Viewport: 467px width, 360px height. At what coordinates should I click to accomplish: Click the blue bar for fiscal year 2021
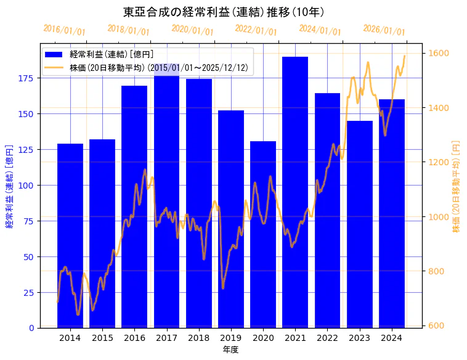[295, 191]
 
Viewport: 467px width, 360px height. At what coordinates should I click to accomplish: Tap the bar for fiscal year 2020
[263, 234]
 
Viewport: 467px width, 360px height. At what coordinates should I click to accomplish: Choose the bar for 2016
[134, 207]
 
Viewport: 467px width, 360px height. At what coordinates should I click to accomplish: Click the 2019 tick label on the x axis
[231, 338]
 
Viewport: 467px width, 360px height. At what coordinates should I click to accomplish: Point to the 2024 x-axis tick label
[392, 338]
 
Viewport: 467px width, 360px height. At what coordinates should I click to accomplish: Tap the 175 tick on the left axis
[28, 78]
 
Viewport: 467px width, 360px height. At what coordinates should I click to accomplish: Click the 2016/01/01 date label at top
[65, 30]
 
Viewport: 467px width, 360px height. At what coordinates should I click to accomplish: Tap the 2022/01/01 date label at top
[256, 30]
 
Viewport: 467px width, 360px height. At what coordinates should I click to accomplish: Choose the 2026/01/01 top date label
[384, 30]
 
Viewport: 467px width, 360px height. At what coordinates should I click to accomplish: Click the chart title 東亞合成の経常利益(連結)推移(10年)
[224, 12]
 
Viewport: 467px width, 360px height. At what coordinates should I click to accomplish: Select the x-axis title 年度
[231, 350]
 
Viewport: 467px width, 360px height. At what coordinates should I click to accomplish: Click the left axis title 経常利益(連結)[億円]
[9, 186]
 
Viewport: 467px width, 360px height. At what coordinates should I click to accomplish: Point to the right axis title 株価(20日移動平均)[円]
[457, 186]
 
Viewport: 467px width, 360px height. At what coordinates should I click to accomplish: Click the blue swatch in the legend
[54, 54]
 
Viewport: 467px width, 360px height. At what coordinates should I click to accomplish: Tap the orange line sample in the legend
[54, 67]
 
